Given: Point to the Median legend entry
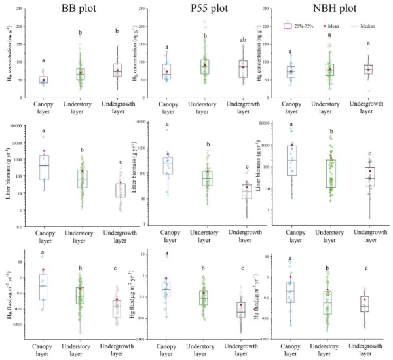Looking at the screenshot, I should pyautogui.click(x=366, y=26).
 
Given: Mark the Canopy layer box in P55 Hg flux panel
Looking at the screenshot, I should pyautogui.click(x=166, y=290).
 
